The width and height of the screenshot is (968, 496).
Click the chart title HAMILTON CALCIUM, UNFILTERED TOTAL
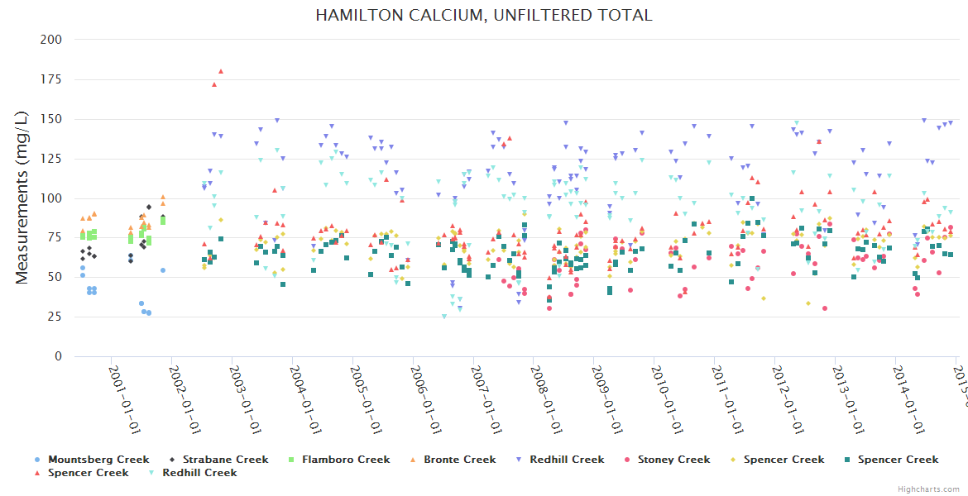tap(483, 15)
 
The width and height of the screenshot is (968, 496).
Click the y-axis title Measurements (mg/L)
tap(23, 198)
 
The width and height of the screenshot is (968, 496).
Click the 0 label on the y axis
tap(59, 357)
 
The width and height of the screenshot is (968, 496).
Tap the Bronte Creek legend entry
tap(459, 460)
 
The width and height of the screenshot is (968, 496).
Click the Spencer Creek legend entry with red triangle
tap(88, 473)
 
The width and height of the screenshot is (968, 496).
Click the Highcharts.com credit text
tap(928, 489)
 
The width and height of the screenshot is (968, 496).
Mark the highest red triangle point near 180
tap(221, 71)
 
